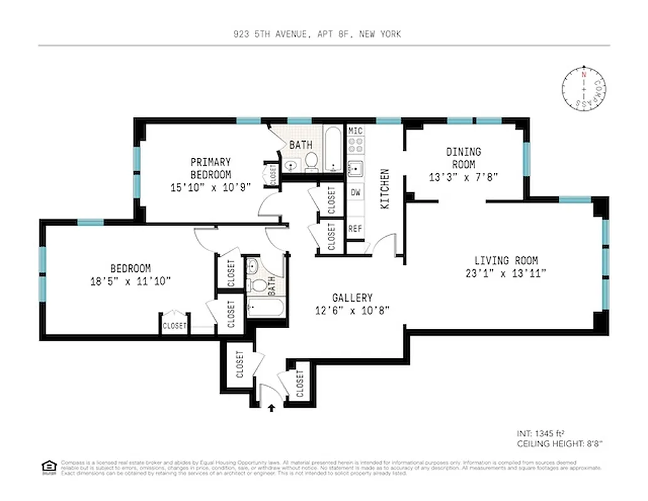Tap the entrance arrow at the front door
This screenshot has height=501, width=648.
pyautogui.click(x=271, y=408)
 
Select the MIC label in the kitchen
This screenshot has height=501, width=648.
pyautogui.click(x=355, y=131)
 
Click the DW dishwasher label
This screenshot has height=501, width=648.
pyautogui.click(x=355, y=192)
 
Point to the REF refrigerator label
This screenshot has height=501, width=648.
pyautogui.click(x=355, y=229)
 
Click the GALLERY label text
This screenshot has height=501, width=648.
pyautogui.click(x=352, y=298)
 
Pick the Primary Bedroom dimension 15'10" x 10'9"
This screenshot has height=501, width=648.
pyautogui.click(x=211, y=187)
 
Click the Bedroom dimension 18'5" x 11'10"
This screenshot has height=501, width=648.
pyautogui.click(x=131, y=281)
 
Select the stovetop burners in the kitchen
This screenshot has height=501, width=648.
pyautogui.click(x=355, y=146)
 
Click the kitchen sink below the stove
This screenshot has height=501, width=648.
pyautogui.click(x=355, y=168)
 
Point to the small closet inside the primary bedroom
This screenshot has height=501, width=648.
pyautogui.click(x=273, y=175)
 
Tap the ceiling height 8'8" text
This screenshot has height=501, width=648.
pyautogui.click(x=559, y=443)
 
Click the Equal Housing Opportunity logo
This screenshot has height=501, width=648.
pyautogui.click(x=48, y=466)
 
